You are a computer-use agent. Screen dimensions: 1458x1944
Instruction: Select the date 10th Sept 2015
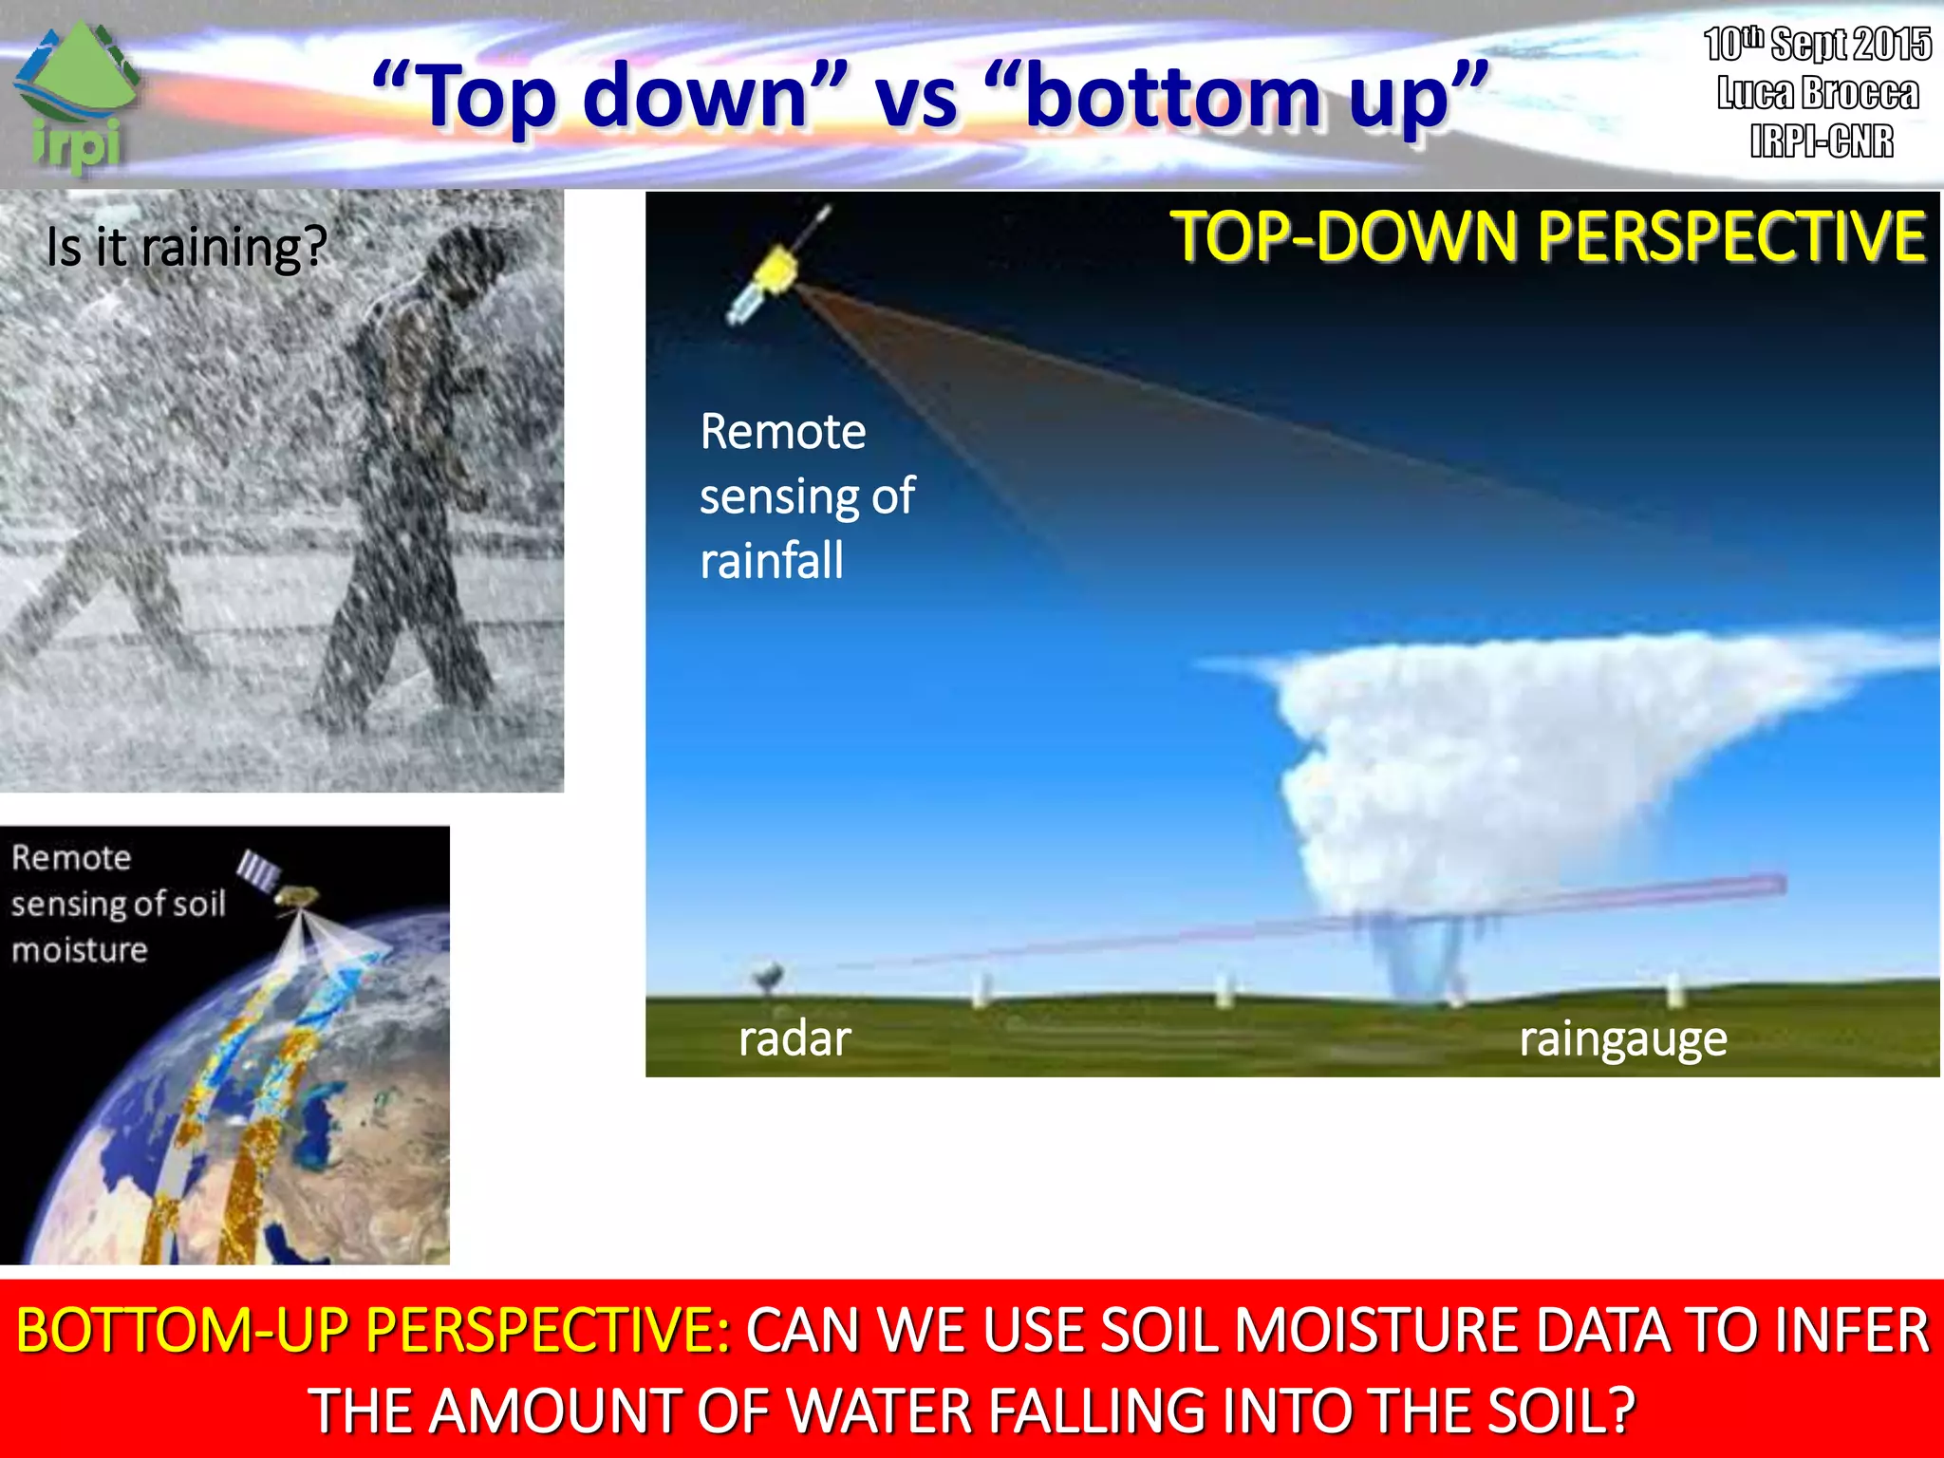pyautogui.click(x=1817, y=44)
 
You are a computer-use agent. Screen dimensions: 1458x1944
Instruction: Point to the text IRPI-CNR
pyautogui.click(x=1821, y=141)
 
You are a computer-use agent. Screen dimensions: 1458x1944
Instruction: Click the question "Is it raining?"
pyautogui.click(x=186, y=248)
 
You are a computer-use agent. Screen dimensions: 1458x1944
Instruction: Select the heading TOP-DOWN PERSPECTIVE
pyautogui.click(x=1547, y=236)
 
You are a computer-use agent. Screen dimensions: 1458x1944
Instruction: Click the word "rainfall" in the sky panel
pyautogui.click(x=771, y=560)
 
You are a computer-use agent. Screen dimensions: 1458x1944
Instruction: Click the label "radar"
pyautogui.click(x=794, y=1038)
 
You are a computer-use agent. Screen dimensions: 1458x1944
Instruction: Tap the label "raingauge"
pyautogui.click(x=1622, y=1038)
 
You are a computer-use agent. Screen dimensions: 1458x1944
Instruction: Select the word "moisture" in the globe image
pyautogui.click(x=80, y=950)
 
